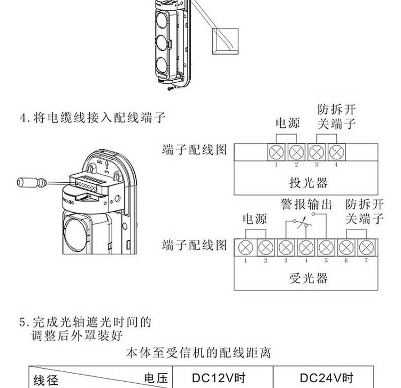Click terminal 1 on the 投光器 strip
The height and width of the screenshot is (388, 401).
(277, 151)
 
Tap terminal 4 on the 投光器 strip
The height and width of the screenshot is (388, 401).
(336, 151)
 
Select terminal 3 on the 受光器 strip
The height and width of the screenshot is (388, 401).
(286, 247)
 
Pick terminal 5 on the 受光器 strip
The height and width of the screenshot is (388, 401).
(326, 247)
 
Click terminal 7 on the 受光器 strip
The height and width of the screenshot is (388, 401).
(366, 247)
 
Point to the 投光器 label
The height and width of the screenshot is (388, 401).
(308, 183)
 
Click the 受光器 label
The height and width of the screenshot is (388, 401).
(308, 278)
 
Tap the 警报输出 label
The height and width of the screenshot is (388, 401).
(306, 204)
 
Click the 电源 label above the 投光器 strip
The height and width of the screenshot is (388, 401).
(287, 123)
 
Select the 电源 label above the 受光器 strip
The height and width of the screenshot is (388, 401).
(255, 219)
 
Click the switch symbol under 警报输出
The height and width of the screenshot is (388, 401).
(305, 222)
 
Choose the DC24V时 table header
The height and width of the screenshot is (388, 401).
(326, 377)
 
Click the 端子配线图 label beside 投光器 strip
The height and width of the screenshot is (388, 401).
(195, 150)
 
